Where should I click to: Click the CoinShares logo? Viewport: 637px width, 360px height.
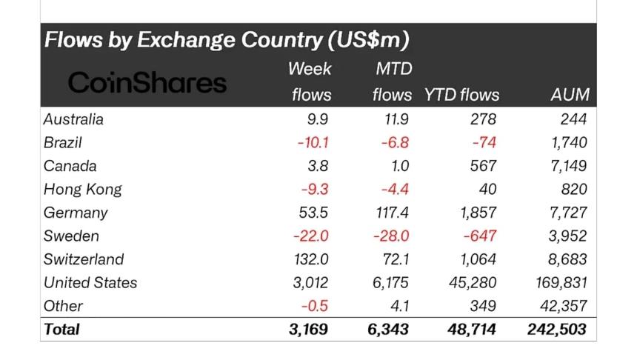pyautogui.click(x=147, y=82)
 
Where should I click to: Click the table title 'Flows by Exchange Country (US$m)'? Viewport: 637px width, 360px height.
pyautogui.click(x=227, y=39)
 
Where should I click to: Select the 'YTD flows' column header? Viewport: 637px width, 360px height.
pyautogui.click(x=461, y=95)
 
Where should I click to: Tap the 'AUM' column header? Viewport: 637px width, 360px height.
pyautogui.click(x=570, y=95)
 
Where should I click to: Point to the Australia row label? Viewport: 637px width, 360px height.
pyautogui.click(x=73, y=119)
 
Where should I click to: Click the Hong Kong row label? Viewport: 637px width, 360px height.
pyautogui.click(x=82, y=189)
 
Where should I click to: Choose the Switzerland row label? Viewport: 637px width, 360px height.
pyautogui.click(x=84, y=259)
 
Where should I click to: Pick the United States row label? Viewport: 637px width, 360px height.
pyautogui.click(x=90, y=282)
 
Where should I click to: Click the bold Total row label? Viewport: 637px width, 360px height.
pyautogui.click(x=62, y=329)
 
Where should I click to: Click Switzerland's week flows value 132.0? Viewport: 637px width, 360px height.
pyautogui.click(x=310, y=259)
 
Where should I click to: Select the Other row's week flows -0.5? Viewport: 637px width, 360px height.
pyautogui.click(x=315, y=306)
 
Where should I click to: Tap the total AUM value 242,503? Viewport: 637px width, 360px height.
pyautogui.click(x=557, y=329)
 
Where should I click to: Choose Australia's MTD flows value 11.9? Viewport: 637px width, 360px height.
pyautogui.click(x=393, y=119)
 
